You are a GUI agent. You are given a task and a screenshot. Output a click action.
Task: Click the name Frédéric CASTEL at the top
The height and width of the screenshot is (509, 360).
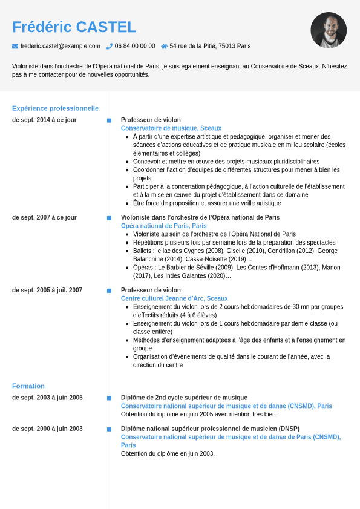click(x=74, y=27)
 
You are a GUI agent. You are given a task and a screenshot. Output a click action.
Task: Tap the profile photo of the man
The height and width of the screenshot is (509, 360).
click(x=329, y=30)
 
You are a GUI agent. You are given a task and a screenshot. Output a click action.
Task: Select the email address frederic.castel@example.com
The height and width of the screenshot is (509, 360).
click(x=60, y=46)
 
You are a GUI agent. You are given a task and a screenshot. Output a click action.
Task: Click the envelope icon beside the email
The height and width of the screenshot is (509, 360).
click(x=15, y=46)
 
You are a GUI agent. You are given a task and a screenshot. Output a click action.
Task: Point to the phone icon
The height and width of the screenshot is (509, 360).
click(x=110, y=46)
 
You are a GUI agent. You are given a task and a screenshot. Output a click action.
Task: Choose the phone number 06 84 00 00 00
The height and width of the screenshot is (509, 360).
click(x=135, y=46)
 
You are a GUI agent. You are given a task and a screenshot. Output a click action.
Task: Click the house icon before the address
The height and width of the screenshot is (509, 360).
click(x=164, y=46)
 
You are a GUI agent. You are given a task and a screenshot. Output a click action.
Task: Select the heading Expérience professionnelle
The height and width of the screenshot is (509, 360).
click(x=55, y=108)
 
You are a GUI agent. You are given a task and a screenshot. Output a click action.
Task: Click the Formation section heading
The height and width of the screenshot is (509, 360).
click(x=28, y=386)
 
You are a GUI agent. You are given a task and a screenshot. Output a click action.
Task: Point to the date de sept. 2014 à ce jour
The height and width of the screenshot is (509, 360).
click(x=44, y=120)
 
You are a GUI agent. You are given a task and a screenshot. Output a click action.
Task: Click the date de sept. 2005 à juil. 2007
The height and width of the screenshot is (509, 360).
click(x=47, y=290)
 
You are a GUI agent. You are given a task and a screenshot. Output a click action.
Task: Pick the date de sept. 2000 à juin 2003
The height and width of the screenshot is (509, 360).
click(x=47, y=429)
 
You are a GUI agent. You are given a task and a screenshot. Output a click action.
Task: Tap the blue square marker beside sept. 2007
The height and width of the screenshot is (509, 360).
click(x=110, y=218)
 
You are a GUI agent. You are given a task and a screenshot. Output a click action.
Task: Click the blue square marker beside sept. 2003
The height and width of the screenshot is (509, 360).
click(x=110, y=398)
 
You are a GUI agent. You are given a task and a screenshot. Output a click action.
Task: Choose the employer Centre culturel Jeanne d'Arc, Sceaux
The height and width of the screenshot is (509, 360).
click(x=174, y=298)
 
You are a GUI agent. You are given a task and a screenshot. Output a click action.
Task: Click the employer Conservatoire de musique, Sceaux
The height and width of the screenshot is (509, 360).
click(x=171, y=128)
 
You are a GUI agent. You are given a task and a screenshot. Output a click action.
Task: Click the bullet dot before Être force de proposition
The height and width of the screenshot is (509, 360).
click(x=127, y=203)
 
